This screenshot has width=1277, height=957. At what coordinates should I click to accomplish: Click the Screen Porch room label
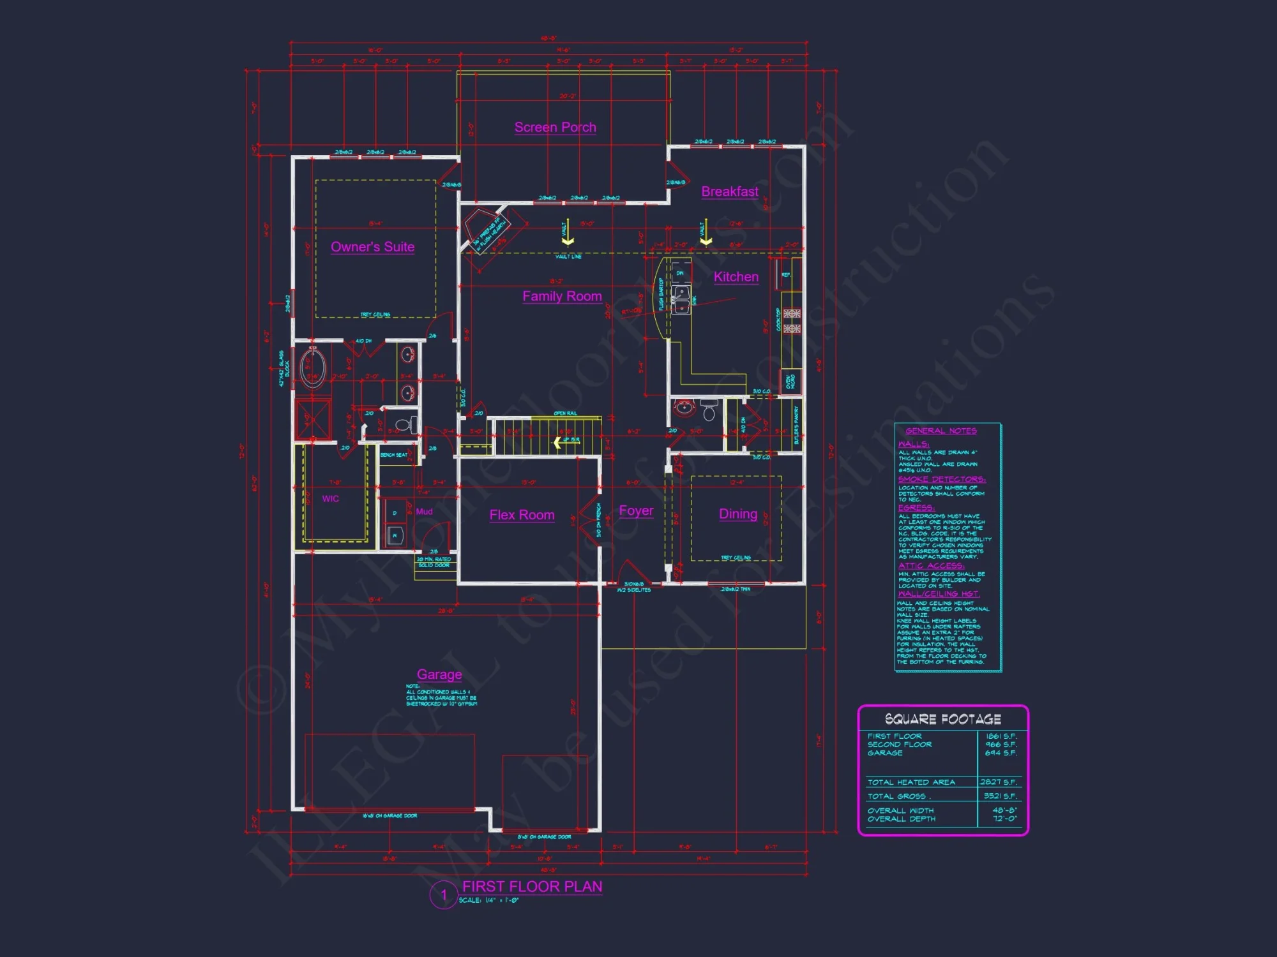click(555, 128)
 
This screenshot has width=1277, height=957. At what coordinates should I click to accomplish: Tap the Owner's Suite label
click(372, 247)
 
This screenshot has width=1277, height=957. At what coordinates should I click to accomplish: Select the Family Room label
click(562, 296)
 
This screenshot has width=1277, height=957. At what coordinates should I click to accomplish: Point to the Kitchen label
click(736, 277)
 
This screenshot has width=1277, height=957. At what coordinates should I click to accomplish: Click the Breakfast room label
click(730, 191)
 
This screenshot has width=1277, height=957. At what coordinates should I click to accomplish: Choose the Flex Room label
click(522, 515)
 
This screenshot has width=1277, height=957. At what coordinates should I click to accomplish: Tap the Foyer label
click(636, 510)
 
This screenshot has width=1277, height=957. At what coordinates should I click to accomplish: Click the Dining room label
click(738, 514)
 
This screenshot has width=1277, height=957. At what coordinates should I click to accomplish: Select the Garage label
click(439, 674)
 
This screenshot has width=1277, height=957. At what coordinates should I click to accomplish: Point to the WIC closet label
click(330, 499)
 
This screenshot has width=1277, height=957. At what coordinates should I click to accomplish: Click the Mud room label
click(424, 512)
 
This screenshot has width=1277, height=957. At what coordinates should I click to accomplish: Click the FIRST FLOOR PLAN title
click(532, 886)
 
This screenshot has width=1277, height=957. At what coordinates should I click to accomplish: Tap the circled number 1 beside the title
click(443, 894)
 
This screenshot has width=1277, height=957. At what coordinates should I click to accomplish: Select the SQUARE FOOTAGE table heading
click(942, 719)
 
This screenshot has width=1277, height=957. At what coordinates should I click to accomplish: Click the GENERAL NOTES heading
click(941, 431)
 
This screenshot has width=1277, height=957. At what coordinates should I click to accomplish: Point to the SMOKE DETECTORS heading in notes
click(942, 479)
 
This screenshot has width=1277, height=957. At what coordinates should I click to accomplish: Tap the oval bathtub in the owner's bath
click(313, 368)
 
